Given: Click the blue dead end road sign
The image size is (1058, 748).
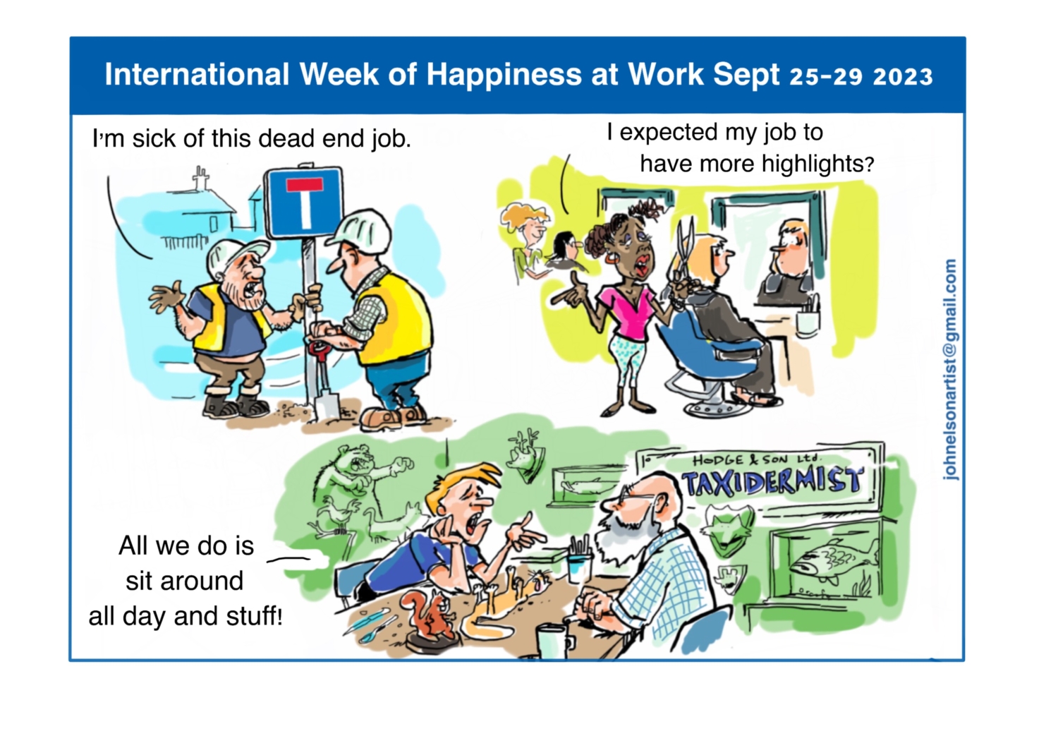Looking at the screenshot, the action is (x=304, y=203).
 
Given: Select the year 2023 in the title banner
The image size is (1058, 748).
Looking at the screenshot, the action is (x=902, y=77).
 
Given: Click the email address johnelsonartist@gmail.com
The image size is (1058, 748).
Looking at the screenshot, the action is (x=950, y=370).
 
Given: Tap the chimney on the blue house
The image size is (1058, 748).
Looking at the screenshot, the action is (x=201, y=178).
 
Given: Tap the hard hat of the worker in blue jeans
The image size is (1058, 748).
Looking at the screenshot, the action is (x=361, y=229).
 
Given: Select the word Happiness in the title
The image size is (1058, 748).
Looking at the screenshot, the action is (x=504, y=75).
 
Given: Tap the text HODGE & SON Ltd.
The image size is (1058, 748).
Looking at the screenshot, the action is (x=757, y=459).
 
